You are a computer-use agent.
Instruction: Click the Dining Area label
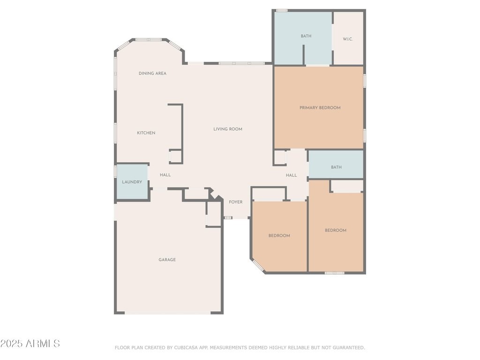click(x=152, y=74)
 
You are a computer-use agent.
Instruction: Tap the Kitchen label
click(x=146, y=133)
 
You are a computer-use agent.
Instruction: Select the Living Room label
click(x=228, y=129)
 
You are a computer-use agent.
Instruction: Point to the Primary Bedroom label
click(x=320, y=108)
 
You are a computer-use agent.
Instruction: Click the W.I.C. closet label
click(x=348, y=39)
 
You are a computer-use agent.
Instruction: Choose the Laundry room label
click(x=132, y=182)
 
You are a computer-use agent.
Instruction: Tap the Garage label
click(x=167, y=260)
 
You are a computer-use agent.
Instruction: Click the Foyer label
click(x=236, y=202)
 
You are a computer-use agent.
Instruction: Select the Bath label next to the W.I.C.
click(x=306, y=36)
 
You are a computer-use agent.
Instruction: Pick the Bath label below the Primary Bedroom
click(x=336, y=167)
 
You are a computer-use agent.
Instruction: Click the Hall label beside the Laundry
click(x=165, y=175)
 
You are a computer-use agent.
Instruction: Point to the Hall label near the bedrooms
click(x=292, y=175)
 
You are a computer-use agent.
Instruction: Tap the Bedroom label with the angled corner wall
click(x=279, y=236)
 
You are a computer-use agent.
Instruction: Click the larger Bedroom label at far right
click(x=336, y=231)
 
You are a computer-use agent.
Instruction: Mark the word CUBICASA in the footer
click(x=185, y=348)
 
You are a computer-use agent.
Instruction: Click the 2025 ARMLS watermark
click(x=30, y=344)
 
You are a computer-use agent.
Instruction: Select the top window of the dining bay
click(x=149, y=39)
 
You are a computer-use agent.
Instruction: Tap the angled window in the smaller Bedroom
click(x=258, y=266)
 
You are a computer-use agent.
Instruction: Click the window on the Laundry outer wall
click(x=115, y=171)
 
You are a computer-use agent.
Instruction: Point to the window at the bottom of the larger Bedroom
click(x=335, y=273)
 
